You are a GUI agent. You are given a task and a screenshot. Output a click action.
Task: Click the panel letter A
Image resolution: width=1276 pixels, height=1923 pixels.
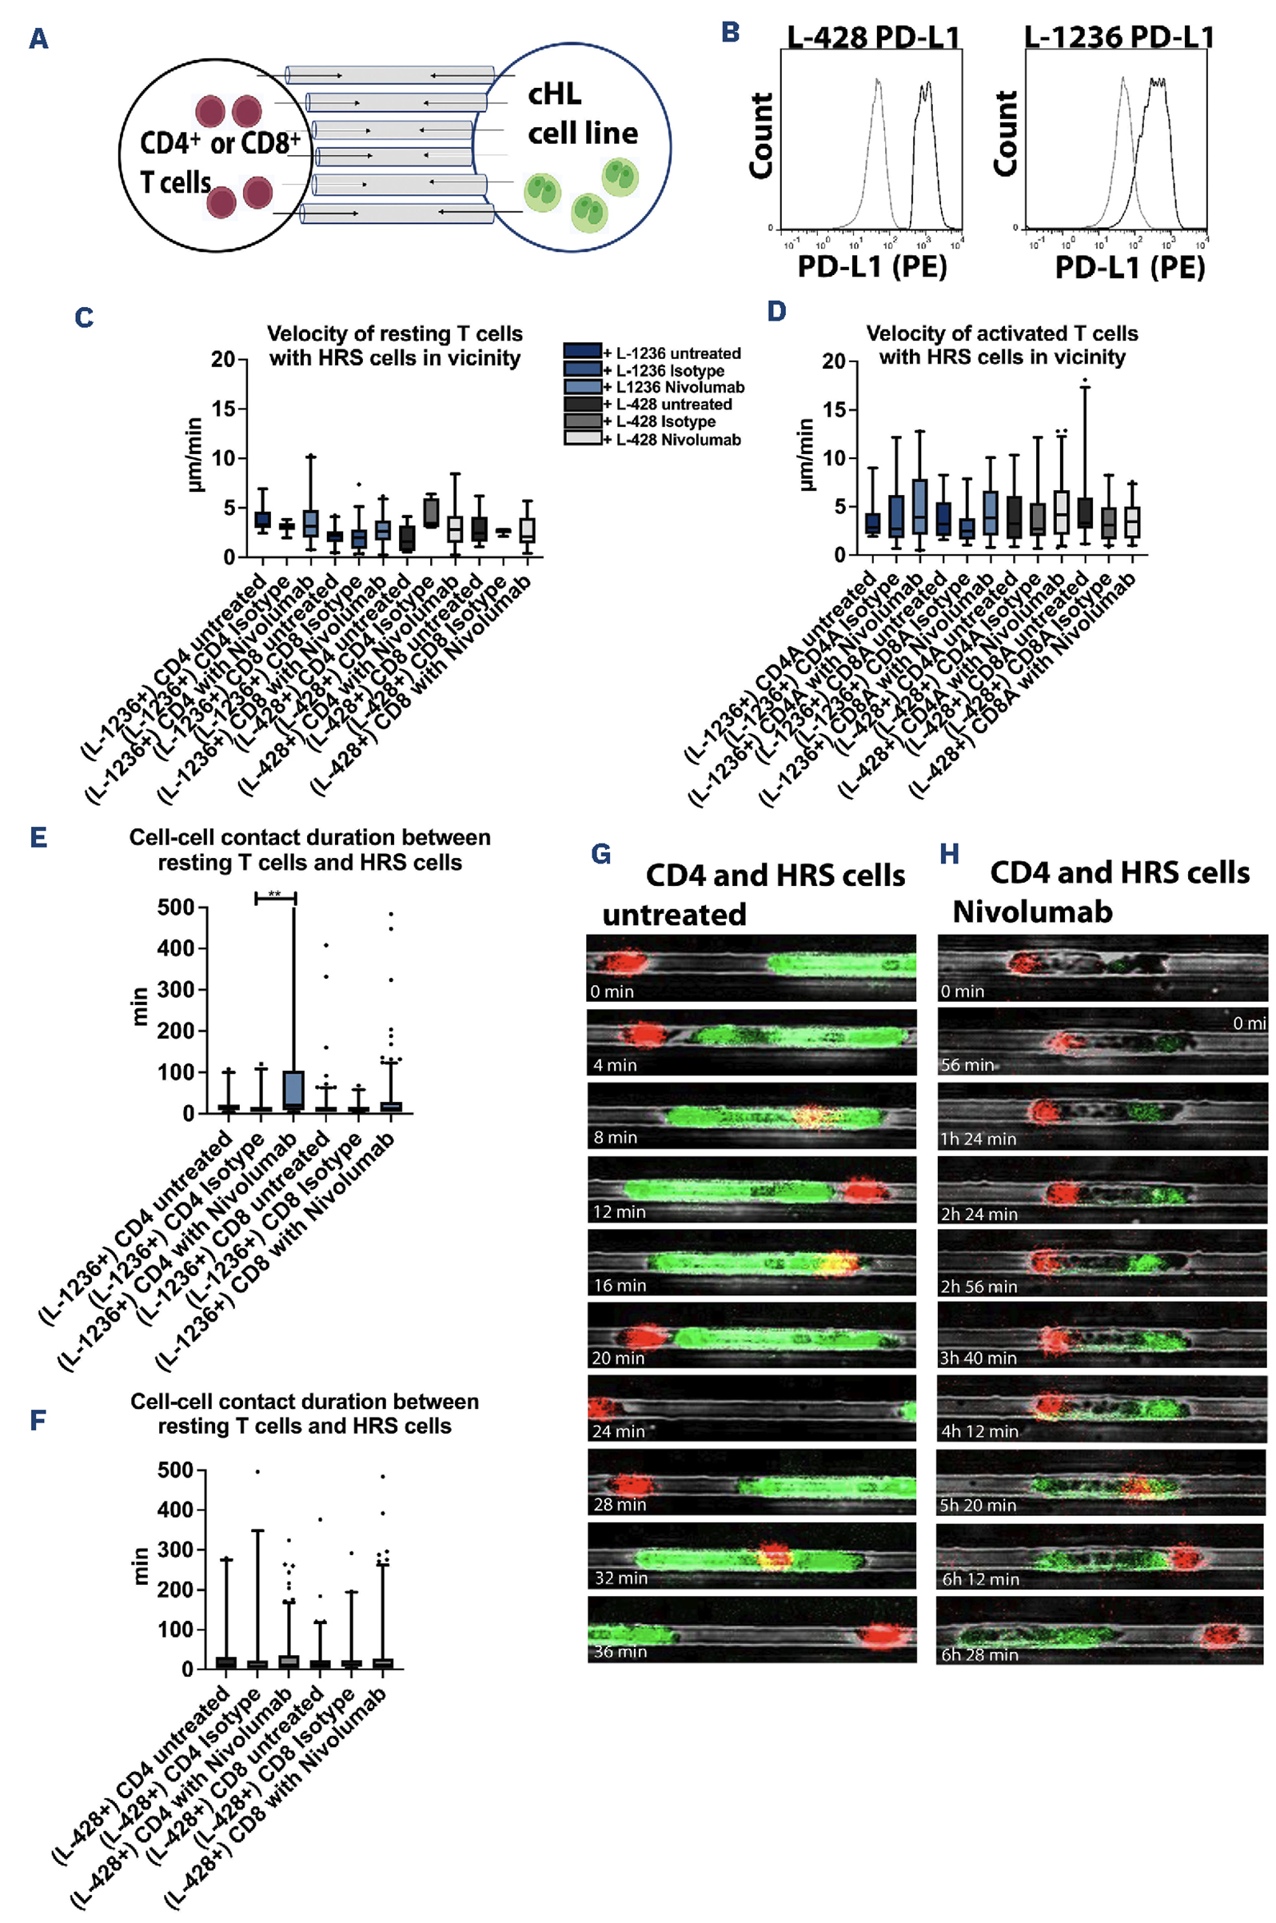(38, 38)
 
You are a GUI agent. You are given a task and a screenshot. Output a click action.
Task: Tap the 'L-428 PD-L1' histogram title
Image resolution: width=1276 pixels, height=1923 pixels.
(873, 38)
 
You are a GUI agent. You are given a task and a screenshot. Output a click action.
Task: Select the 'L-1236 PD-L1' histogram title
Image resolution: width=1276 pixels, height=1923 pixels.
(1119, 38)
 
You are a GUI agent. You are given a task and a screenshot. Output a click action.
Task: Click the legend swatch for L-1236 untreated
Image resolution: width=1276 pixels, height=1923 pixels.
(583, 352)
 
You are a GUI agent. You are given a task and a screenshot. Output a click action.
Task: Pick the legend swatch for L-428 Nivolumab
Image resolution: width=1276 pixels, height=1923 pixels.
(583, 439)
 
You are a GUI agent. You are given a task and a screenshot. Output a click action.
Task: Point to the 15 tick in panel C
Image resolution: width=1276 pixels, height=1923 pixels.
(223, 409)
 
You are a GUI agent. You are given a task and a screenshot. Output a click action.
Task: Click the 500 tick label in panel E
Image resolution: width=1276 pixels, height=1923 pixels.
(175, 907)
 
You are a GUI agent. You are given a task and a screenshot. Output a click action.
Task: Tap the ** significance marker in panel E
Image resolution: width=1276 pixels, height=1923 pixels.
(275, 896)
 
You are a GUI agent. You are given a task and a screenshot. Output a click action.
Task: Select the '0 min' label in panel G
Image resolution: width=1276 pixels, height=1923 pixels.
(612, 991)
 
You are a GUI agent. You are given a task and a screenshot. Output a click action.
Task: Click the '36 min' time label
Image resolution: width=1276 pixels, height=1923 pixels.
(620, 1651)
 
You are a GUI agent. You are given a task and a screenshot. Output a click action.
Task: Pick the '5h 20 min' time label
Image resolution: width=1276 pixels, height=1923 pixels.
(977, 1505)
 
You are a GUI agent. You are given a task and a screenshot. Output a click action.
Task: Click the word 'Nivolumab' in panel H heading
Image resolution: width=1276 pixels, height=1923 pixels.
(1032, 912)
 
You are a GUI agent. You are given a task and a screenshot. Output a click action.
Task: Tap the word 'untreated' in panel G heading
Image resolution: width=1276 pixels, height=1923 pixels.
(674, 915)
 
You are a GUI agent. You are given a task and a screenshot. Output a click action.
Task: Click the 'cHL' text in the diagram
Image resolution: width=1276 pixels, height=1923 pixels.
(554, 94)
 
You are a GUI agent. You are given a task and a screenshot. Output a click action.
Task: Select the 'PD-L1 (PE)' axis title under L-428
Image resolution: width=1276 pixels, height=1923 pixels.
(871, 267)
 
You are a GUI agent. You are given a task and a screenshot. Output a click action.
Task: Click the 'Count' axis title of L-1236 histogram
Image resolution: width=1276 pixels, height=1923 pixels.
(1007, 134)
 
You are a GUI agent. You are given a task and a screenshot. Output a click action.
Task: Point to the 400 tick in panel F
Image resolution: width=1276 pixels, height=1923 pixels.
(176, 1510)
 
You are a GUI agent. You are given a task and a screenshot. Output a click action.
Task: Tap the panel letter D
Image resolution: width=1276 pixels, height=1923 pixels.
(776, 312)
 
